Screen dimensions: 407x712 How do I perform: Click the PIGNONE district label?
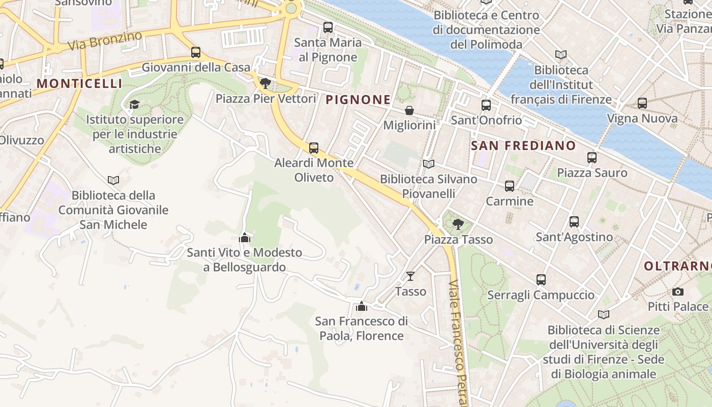point(358,100)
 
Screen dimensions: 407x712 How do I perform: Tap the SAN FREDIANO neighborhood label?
point(523,146)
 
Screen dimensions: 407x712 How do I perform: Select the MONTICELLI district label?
point(80,83)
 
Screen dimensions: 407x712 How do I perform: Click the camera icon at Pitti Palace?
point(677,292)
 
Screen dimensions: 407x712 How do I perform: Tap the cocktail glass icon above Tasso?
point(410,276)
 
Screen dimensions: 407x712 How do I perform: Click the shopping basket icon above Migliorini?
point(409,110)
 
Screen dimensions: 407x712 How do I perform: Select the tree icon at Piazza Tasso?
point(458,224)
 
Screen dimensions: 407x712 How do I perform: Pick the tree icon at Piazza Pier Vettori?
point(265,83)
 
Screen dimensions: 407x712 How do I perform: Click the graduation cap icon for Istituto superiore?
point(134,104)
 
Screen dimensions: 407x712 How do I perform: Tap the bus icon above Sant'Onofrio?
point(486,105)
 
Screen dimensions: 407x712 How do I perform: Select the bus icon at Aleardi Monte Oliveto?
point(314,148)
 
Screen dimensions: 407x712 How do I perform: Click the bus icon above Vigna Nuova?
point(642,103)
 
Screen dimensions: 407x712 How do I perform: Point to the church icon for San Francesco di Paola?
point(362,306)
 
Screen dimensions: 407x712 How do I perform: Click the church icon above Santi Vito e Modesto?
point(245,238)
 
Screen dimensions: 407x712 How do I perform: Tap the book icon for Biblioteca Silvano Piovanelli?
point(429,164)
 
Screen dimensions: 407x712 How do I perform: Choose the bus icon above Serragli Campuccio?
point(541,280)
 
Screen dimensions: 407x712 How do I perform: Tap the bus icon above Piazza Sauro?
point(592,158)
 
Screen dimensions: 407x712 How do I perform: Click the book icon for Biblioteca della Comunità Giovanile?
point(113,180)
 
